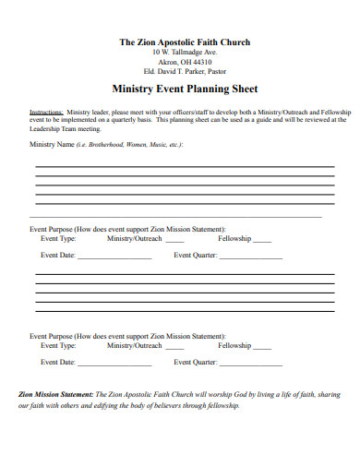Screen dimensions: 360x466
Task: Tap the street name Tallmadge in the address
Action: point(183,53)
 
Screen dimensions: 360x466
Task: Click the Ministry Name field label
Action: point(53,144)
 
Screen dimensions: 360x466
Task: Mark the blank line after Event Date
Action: point(114,257)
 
